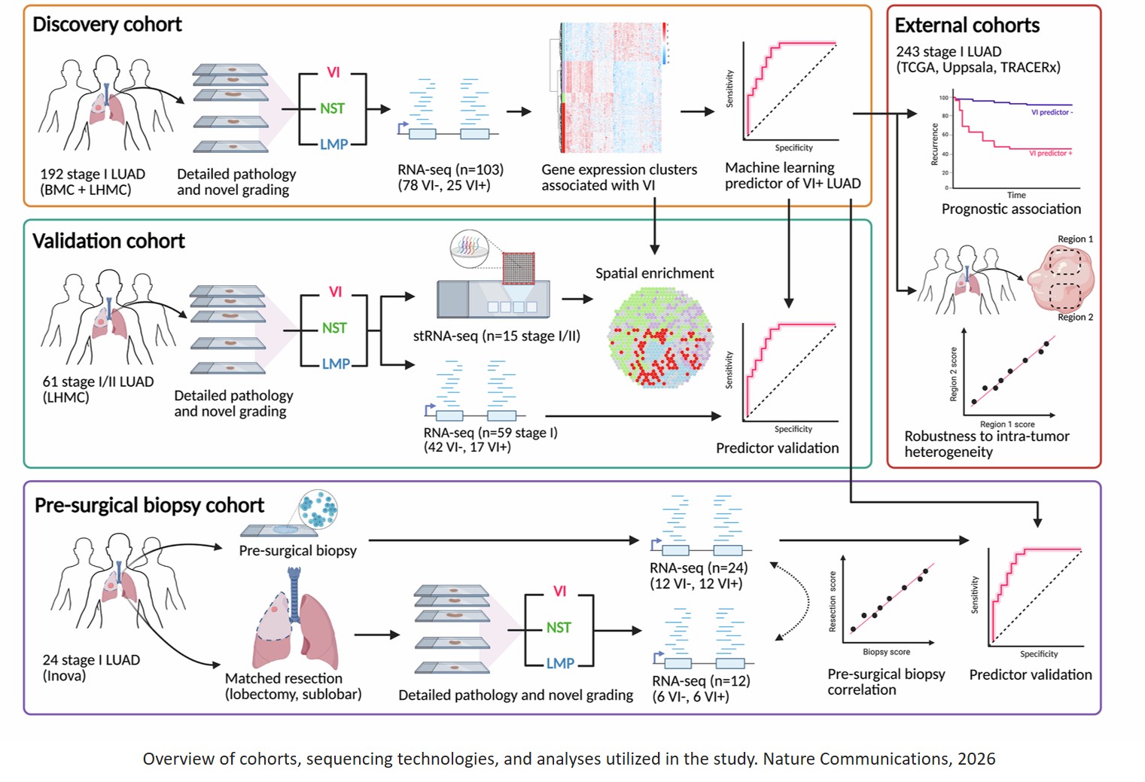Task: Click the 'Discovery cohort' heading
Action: click(107, 24)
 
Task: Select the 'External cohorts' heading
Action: click(967, 26)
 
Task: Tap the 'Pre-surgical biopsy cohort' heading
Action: click(149, 505)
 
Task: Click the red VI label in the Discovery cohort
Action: click(333, 72)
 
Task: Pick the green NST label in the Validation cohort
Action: click(334, 328)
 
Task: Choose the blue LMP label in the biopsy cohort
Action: click(560, 663)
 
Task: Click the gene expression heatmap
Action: click(613, 88)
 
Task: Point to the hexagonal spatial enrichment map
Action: click(660, 337)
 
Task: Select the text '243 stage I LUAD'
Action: click(949, 52)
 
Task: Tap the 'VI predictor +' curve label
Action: click(1050, 154)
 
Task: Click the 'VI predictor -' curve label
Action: click(1052, 112)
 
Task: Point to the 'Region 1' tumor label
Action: click(1075, 239)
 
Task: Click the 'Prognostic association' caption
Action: click(1010, 209)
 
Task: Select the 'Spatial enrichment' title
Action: click(654, 273)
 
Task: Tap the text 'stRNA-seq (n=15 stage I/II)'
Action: click(496, 336)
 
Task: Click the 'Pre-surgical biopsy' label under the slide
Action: click(297, 551)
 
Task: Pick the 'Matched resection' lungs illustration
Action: click(296, 621)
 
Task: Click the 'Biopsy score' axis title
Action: click(886, 652)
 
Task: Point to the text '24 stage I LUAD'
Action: click(91, 660)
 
